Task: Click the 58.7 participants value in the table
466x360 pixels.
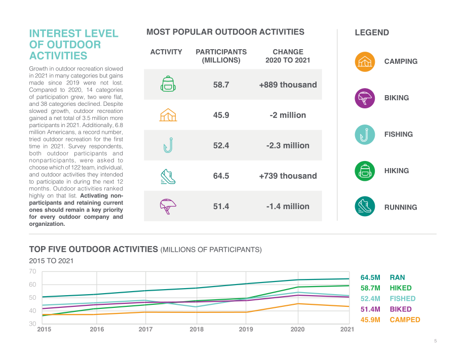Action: (221, 85)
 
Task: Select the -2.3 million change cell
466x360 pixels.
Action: (288, 145)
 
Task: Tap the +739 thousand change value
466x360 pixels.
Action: (288, 176)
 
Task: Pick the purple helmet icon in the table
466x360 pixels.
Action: (168, 206)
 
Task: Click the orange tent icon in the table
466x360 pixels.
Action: (168, 114)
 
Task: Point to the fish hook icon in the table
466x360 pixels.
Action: (168, 145)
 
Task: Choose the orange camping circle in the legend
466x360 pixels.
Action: (365, 62)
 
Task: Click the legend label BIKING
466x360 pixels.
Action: (397, 98)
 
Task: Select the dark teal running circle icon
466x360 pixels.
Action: (365, 207)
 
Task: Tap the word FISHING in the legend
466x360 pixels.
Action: (398, 134)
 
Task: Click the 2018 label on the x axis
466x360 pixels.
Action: (197, 329)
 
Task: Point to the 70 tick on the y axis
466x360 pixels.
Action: (32, 271)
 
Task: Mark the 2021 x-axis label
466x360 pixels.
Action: (347, 329)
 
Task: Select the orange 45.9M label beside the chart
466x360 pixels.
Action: (370, 320)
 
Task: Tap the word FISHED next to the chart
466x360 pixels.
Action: (402, 299)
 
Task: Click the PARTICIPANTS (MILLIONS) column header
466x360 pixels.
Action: (221, 56)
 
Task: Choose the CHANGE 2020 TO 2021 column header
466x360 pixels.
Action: (288, 56)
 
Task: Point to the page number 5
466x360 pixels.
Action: (436, 341)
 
